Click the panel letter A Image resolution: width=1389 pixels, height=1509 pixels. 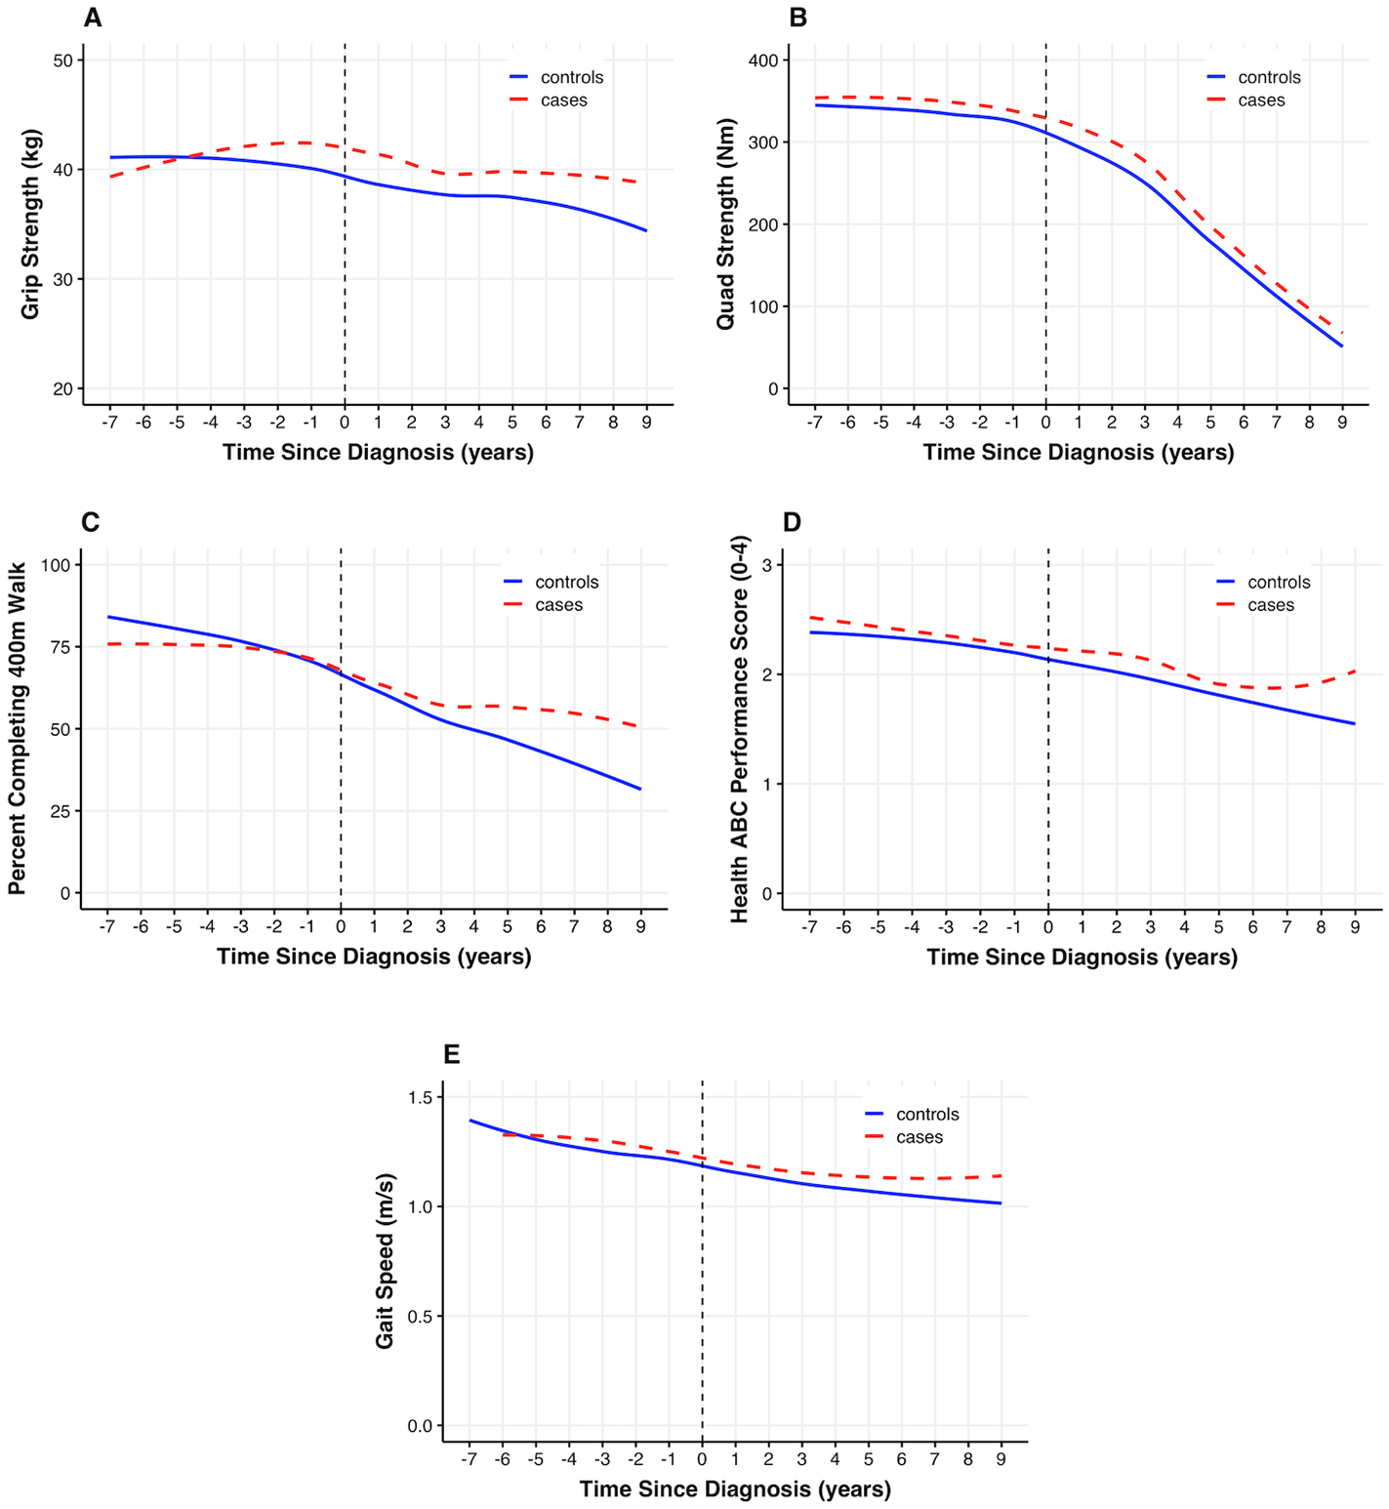coord(93,18)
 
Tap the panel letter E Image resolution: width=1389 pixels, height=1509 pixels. coord(451,1054)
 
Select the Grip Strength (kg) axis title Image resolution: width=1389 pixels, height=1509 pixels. coord(31,224)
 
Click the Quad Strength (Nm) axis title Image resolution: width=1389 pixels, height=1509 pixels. coord(725,224)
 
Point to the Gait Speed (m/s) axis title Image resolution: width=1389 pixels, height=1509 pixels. coord(386,1260)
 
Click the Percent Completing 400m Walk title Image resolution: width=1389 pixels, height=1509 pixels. coord(18,728)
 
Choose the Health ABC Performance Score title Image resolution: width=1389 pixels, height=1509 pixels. coord(740,728)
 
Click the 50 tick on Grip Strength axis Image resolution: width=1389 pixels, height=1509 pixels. coord(63,61)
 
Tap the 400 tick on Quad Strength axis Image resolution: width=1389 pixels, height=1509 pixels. coord(763,61)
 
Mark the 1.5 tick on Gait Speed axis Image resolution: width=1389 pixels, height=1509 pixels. coord(421,1097)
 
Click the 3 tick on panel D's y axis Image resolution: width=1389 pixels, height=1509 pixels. coord(767,565)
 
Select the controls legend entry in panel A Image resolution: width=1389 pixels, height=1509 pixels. coord(572,77)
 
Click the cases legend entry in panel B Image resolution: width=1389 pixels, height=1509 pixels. coord(1261,101)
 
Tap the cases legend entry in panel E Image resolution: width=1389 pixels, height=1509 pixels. coord(919,1137)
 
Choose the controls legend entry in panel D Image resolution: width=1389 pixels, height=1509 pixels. coord(1279,582)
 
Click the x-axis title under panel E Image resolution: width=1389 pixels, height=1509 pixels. coord(735,1489)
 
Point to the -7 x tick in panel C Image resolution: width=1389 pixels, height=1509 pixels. coord(107,926)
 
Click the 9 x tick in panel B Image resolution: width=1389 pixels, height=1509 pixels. coord(1342,422)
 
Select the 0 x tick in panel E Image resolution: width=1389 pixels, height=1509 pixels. coord(702,1459)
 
